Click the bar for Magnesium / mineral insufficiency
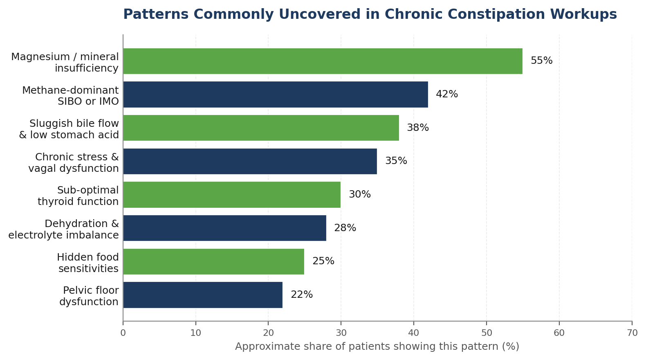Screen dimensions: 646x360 (x=323, y=61)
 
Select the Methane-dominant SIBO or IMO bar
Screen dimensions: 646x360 (x=276, y=94)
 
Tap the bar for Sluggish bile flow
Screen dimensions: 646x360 (x=261, y=128)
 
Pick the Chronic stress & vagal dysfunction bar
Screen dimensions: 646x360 (x=250, y=161)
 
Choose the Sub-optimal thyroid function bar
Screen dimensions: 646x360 (x=232, y=195)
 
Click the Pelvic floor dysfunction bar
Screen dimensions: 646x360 (x=203, y=295)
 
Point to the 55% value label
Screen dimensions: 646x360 (x=542, y=61)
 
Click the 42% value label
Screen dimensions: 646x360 (x=447, y=94)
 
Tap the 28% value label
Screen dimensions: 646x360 (x=345, y=228)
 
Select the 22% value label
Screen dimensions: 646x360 (x=302, y=295)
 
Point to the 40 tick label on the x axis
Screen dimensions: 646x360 (x=413, y=333)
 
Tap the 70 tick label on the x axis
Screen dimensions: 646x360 (x=632, y=333)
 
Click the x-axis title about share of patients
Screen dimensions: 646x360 (x=377, y=346)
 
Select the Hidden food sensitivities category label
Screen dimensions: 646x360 (x=87, y=263)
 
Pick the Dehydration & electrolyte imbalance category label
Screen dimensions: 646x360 (x=63, y=229)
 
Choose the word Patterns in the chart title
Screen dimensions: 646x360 (x=156, y=14)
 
